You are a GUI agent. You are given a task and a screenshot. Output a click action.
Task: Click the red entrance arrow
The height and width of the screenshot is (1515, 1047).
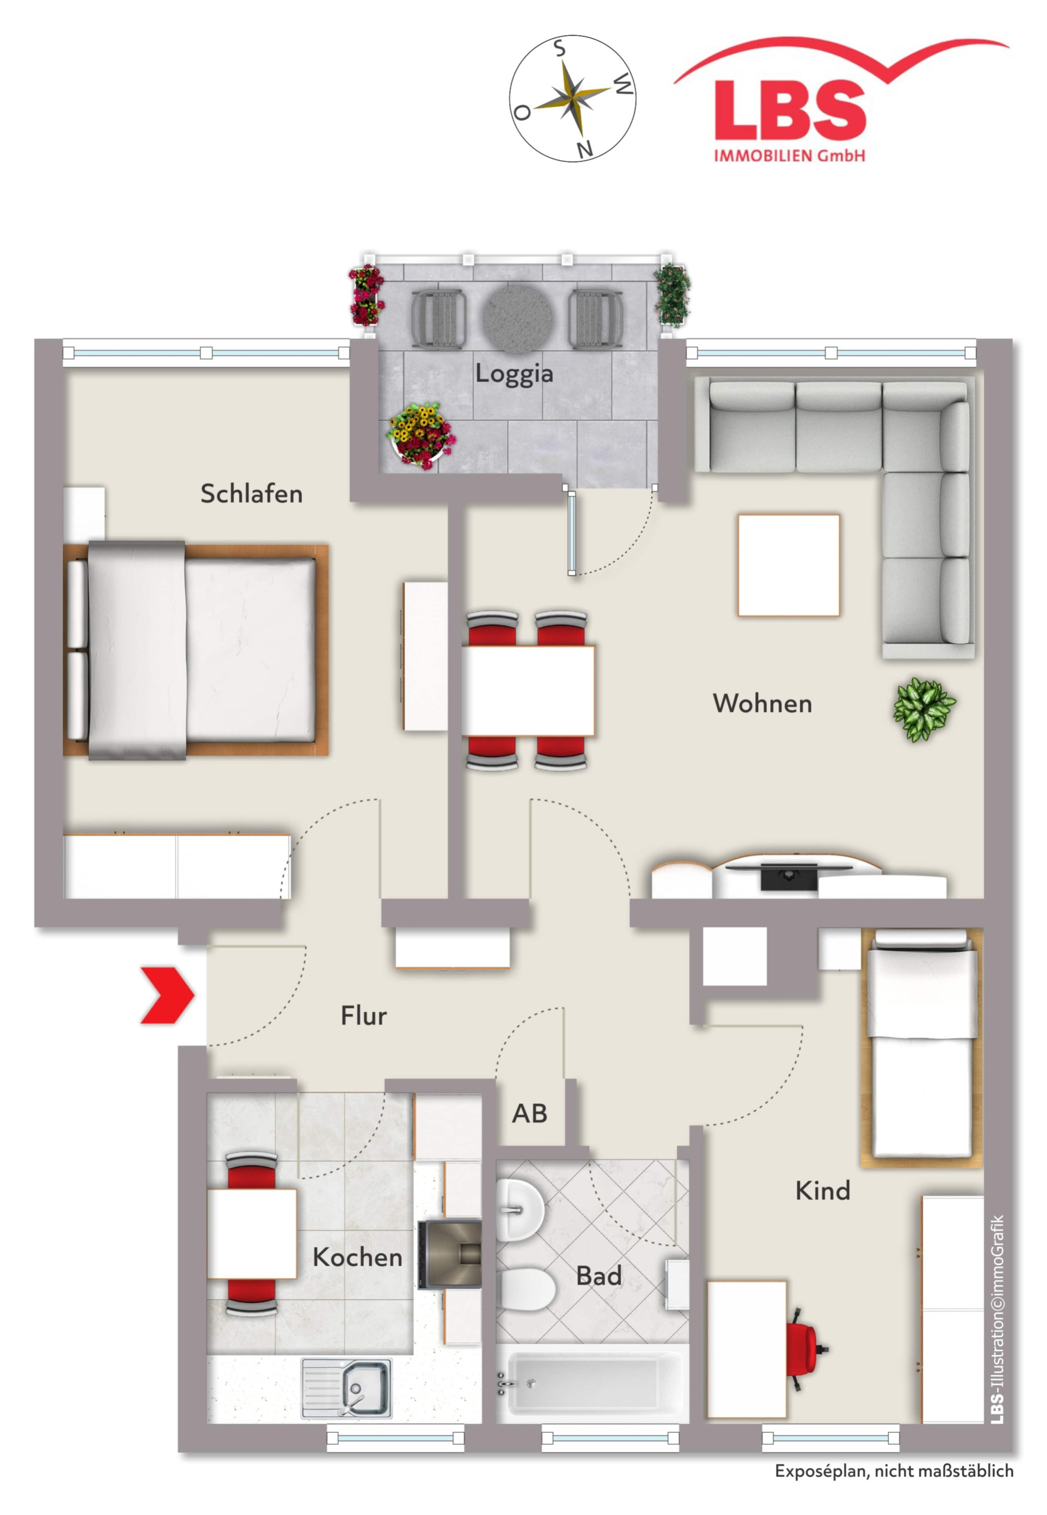(x=169, y=994)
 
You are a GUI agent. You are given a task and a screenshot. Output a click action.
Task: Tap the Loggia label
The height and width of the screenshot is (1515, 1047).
(x=514, y=374)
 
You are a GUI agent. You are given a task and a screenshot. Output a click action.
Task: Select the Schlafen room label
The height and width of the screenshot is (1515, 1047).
(x=251, y=493)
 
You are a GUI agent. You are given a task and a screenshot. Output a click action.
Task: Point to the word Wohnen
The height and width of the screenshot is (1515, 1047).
(x=762, y=703)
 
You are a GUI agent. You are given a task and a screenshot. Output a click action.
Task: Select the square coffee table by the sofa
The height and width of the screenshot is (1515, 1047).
(x=788, y=565)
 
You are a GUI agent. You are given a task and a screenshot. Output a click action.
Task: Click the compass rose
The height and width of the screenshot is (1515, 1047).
(x=573, y=98)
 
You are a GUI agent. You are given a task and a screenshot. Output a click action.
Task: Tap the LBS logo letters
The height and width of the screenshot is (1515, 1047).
(x=790, y=109)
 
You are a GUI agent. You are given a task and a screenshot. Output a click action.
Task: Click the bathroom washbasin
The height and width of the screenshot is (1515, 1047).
(x=520, y=1210)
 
